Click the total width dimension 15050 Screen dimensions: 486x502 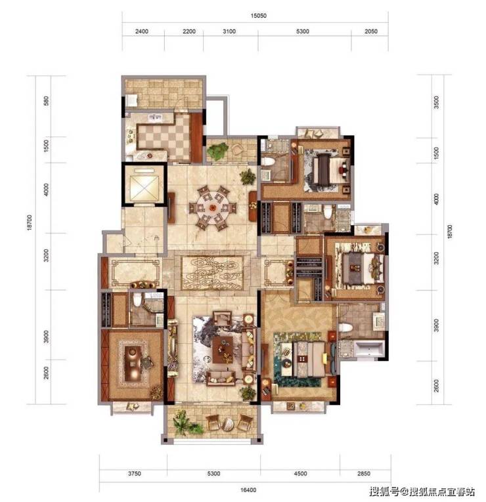(x=258, y=15)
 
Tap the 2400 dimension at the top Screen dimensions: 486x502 (x=142, y=31)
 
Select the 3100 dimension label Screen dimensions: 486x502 (x=229, y=31)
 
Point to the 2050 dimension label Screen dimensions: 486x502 (x=370, y=31)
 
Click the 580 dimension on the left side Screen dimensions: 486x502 (x=46, y=101)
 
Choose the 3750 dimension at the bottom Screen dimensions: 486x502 (x=134, y=474)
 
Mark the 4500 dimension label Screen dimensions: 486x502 (x=300, y=474)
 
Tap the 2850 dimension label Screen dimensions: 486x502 (x=364, y=474)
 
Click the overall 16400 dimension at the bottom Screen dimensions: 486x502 (x=248, y=490)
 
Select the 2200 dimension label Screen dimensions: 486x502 (x=189, y=31)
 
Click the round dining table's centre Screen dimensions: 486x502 (x=212, y=208)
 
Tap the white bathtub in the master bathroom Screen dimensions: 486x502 (x=369, y=349)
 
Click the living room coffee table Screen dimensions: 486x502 (x=223, y=349)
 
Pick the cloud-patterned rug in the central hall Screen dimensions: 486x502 (x=212, y=272)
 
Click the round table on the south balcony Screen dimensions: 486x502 (x=227, y=424)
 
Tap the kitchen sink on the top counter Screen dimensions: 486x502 (x=155, y=117)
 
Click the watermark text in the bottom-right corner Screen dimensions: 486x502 (x=422, y=492)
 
